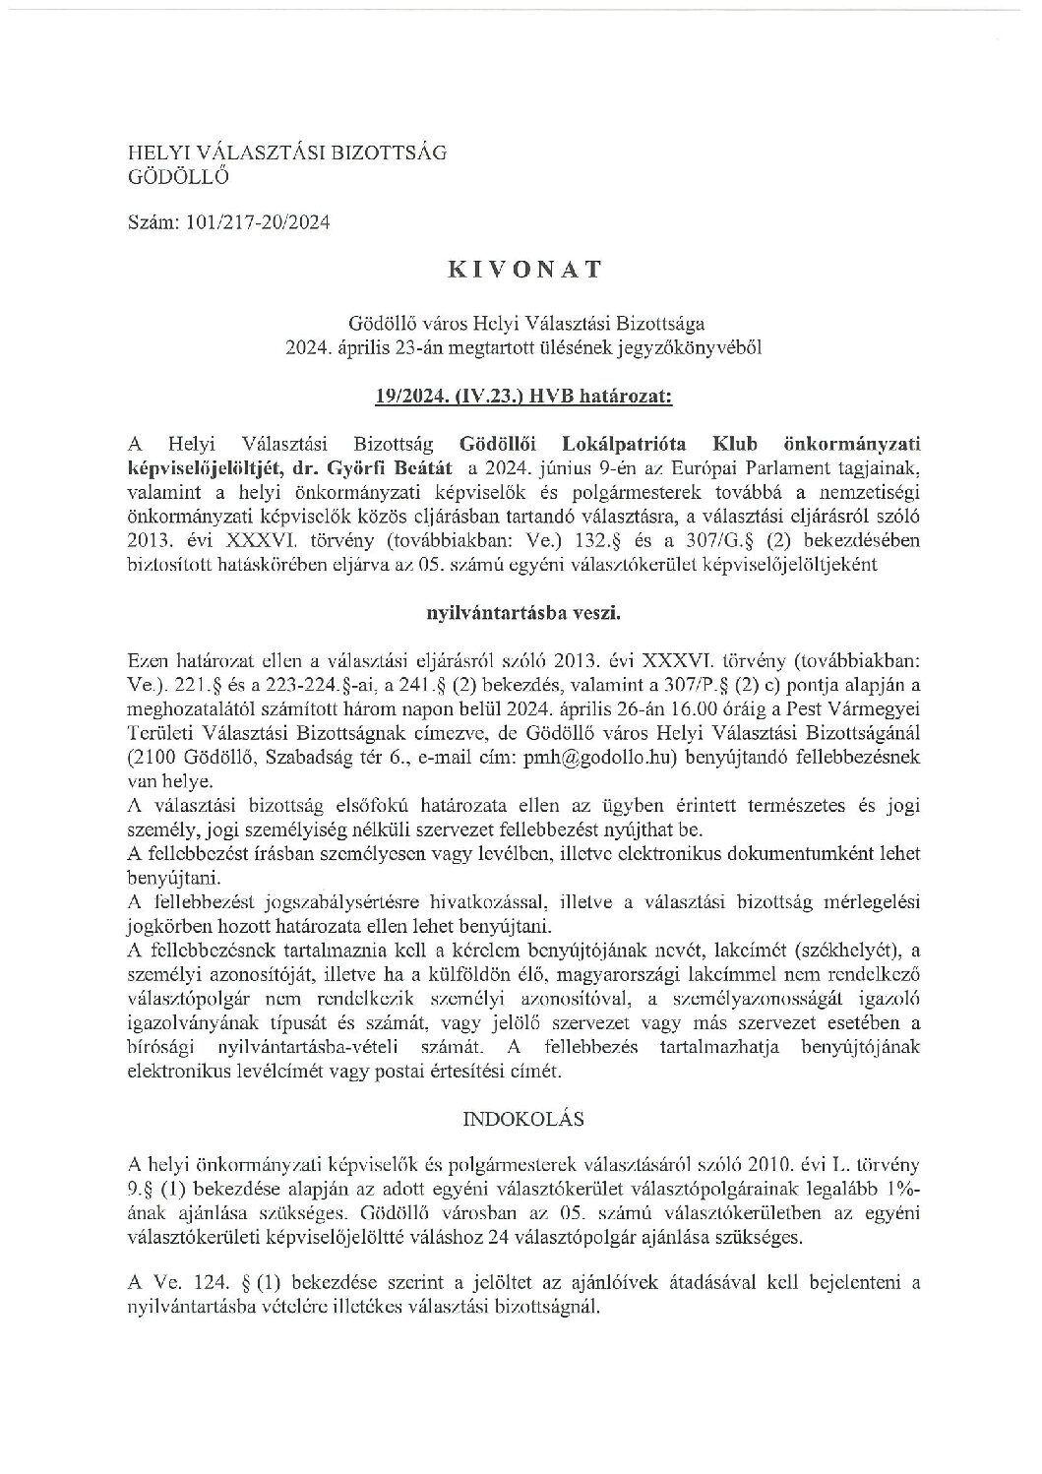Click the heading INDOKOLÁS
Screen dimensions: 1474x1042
point(521,1119)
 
